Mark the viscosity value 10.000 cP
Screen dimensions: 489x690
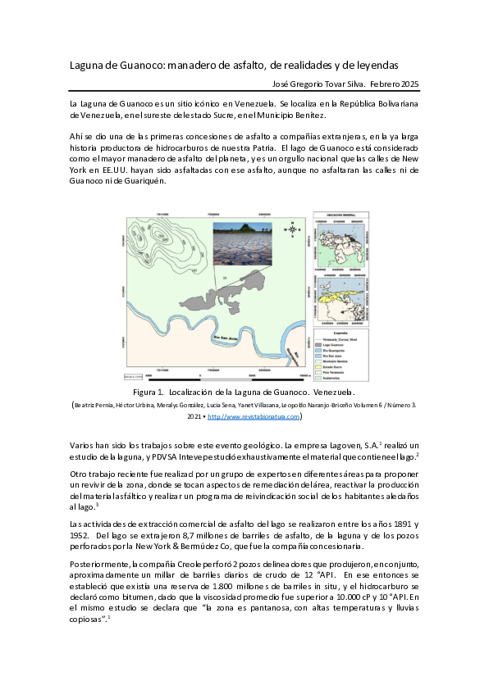coord(339,597)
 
